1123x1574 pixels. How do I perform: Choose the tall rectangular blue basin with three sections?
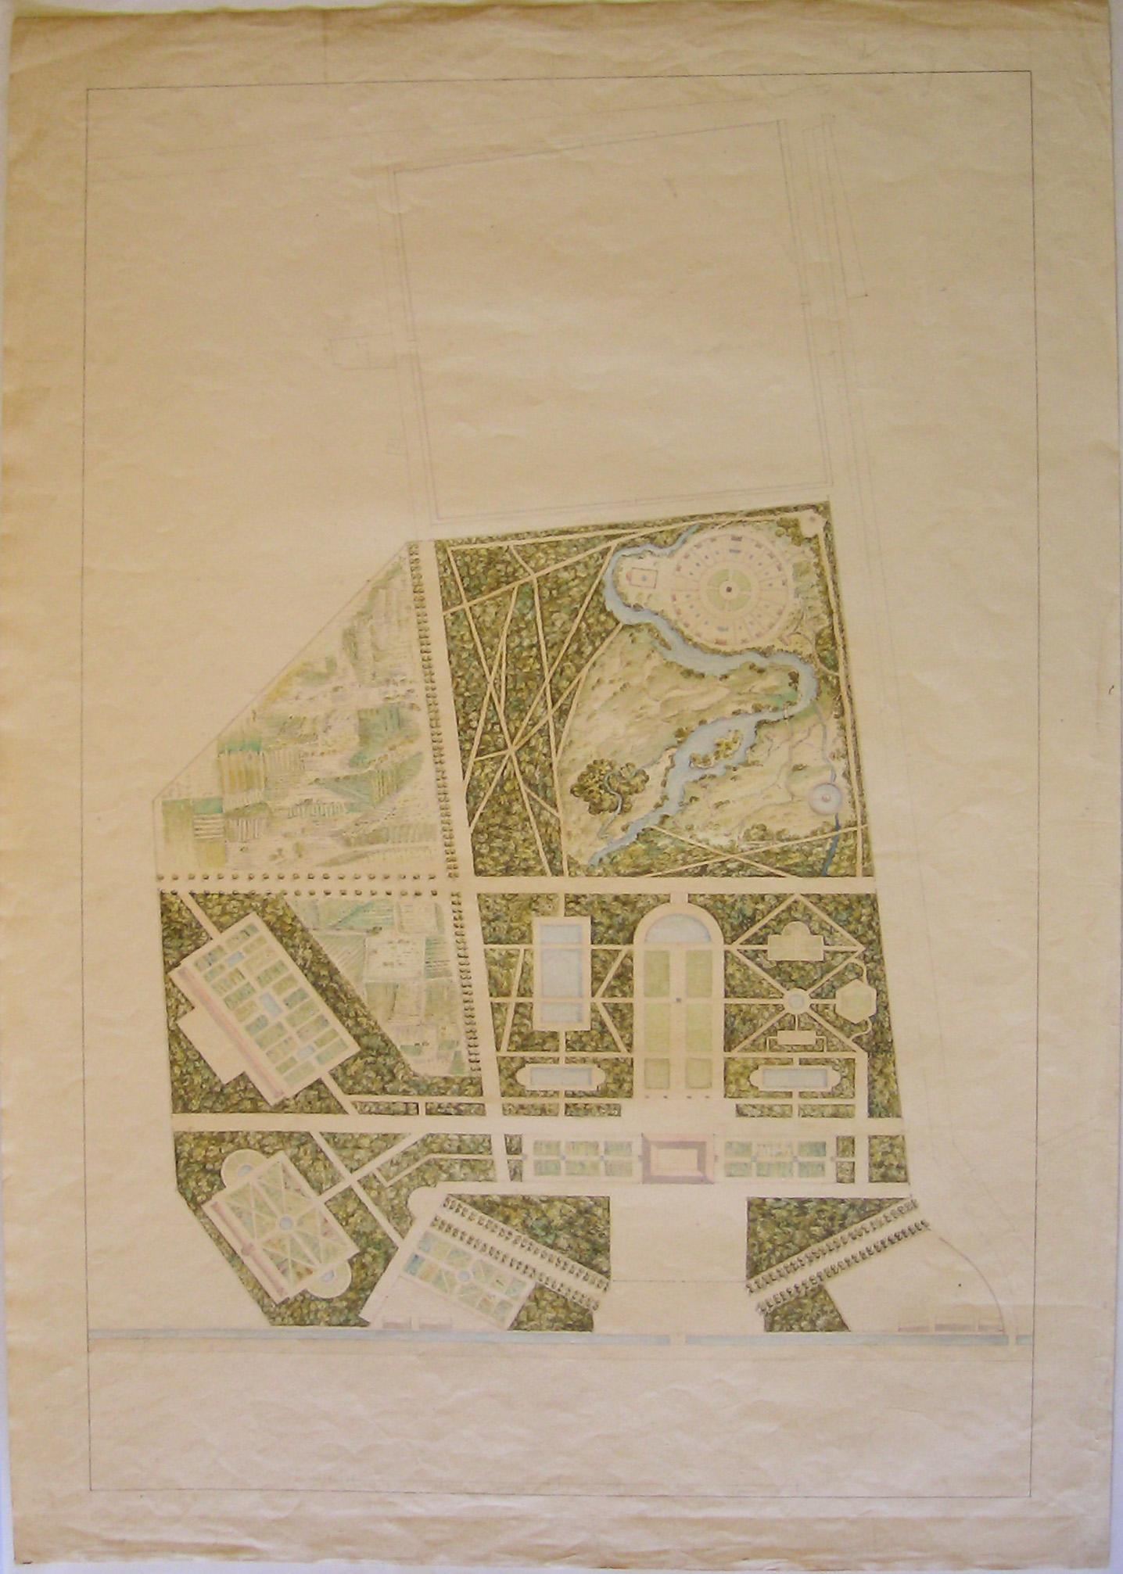pos(561,973)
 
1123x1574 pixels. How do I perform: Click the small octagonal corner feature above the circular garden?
pos(816,522)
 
